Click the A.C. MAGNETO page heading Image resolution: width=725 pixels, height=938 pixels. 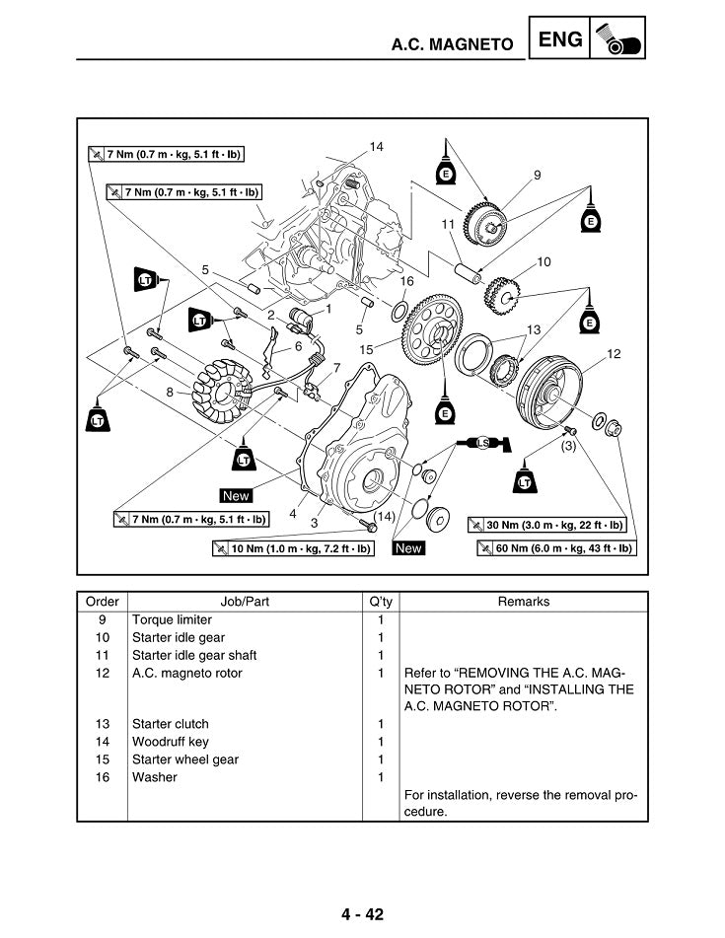453,44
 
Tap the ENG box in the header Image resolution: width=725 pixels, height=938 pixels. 561,39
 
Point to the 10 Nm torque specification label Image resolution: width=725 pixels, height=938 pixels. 293,547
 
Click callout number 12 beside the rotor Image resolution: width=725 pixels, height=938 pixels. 613,353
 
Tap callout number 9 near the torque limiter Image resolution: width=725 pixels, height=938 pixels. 537,175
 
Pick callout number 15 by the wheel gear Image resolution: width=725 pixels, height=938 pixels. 366,349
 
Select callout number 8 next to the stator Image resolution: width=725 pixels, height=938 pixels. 170,392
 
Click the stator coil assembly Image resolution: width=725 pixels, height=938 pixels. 223,387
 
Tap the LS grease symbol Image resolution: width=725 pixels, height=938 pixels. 482,443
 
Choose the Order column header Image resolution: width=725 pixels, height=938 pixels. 102,601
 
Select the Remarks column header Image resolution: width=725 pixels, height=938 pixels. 524,601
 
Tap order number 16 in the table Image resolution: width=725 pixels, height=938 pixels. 102,777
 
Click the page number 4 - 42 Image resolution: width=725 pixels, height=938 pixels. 363,913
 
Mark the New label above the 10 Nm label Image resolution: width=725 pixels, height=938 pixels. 407,547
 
